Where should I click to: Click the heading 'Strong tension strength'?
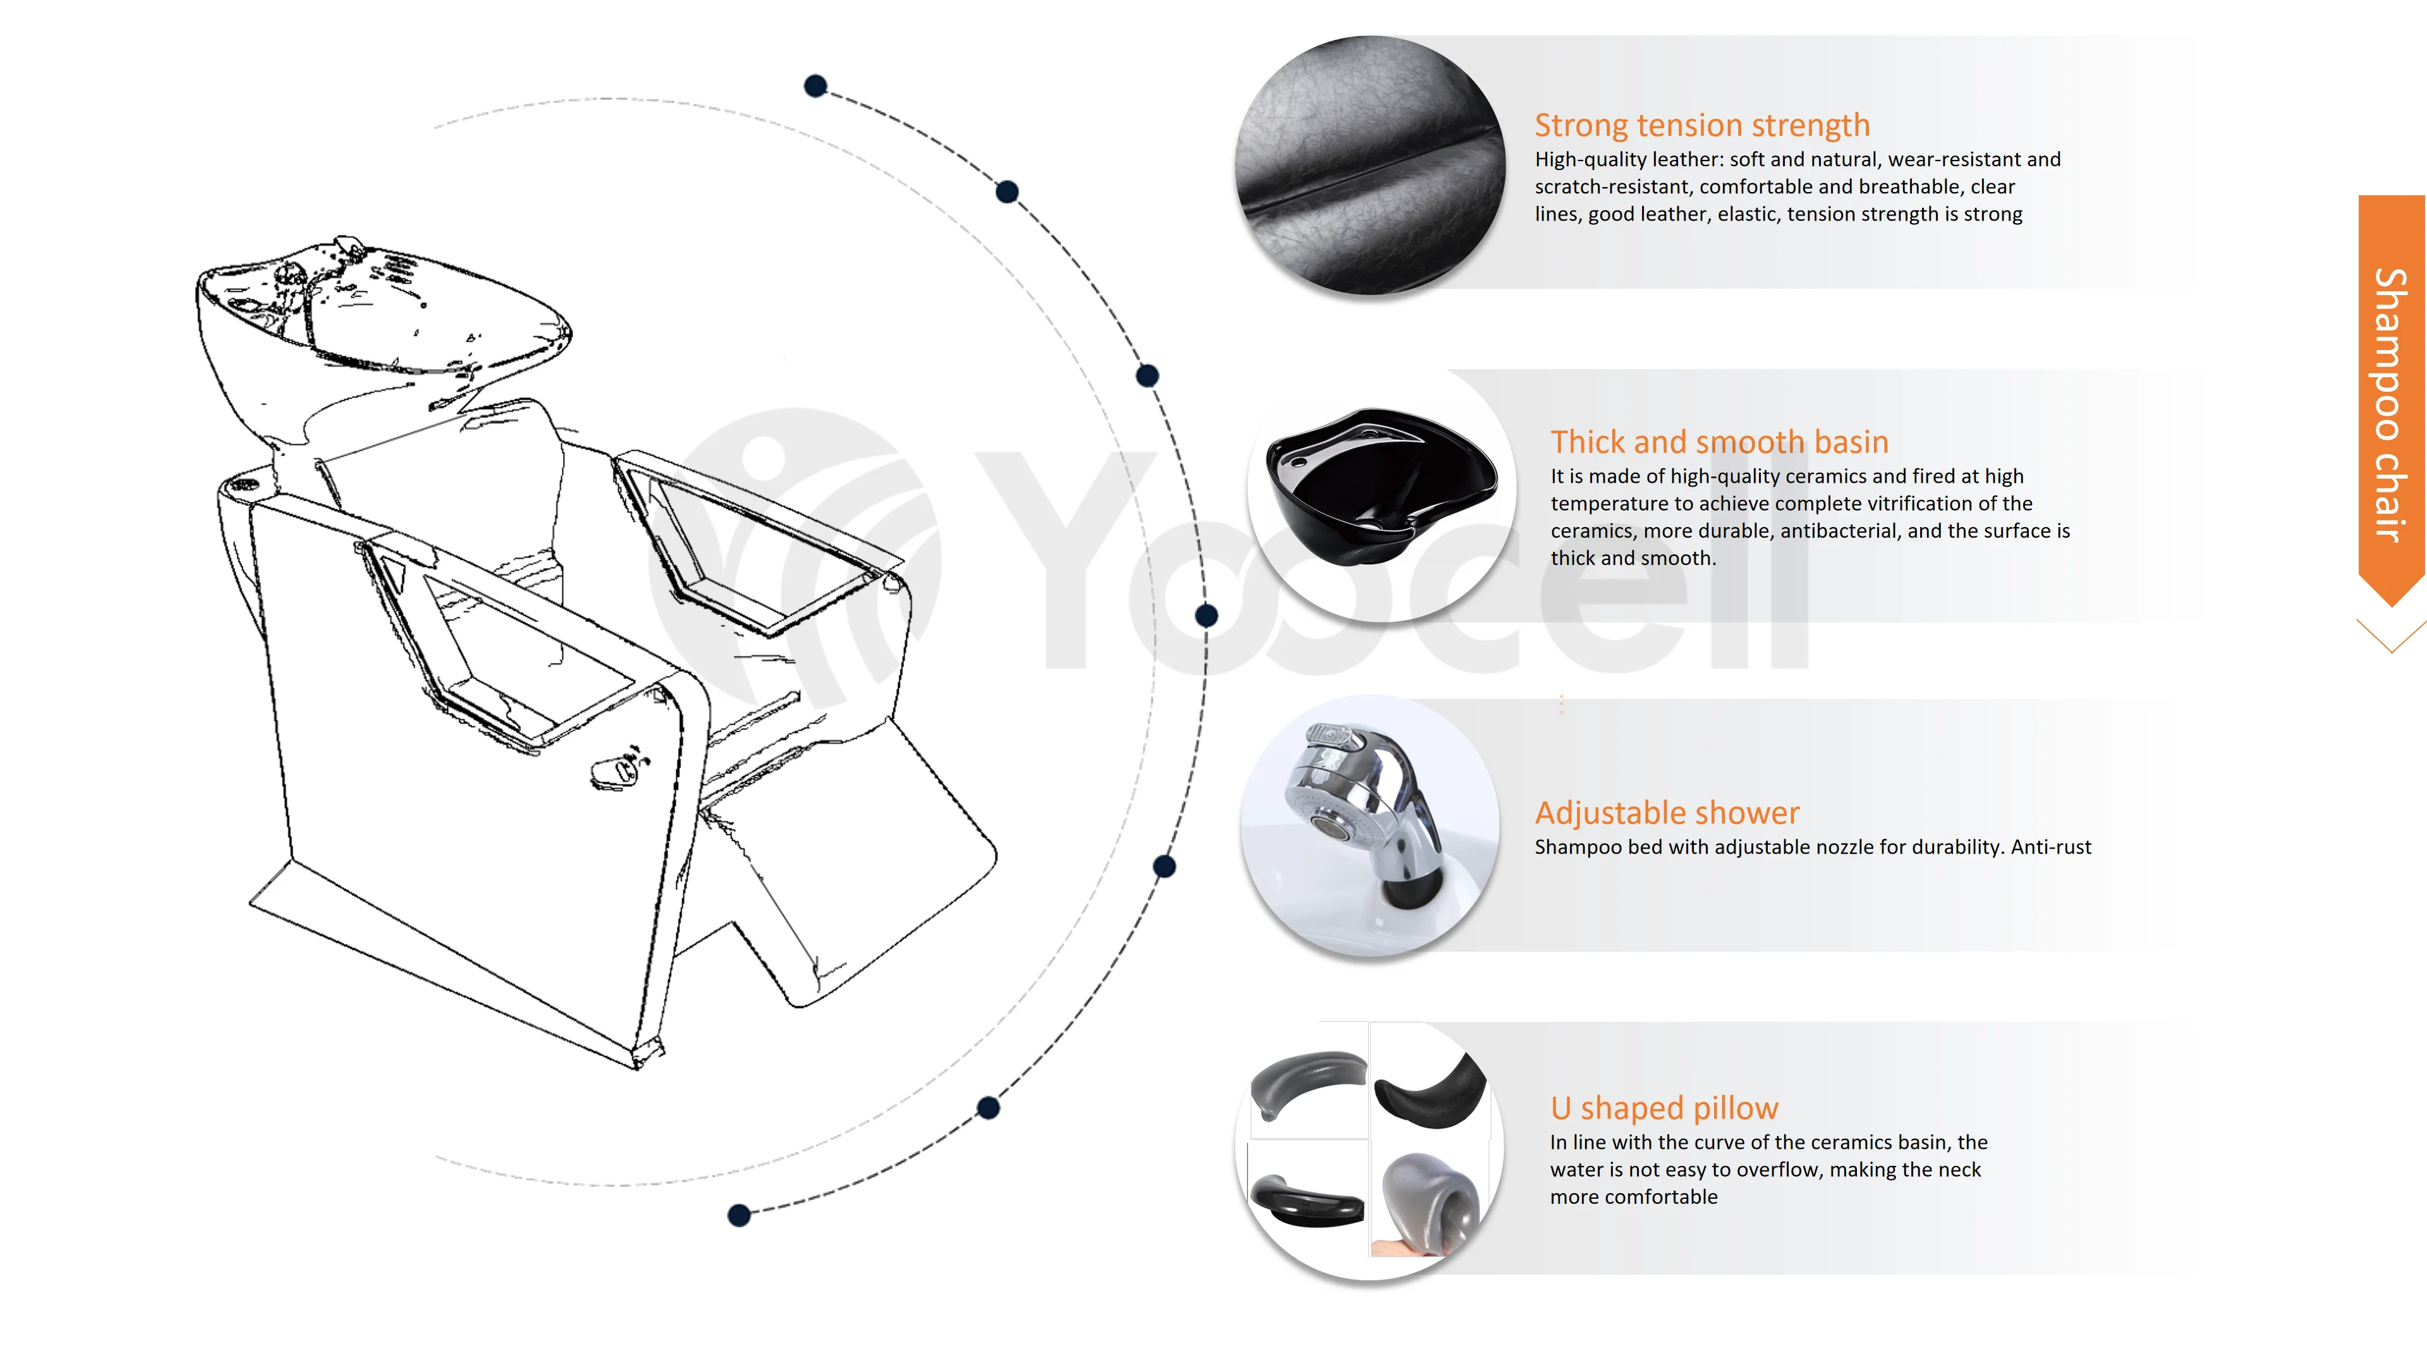[x=1701, y=125]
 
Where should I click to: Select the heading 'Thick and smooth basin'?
[x=1718, y=442]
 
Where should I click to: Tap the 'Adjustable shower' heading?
[x=1667, y=812]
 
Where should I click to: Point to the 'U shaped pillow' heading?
[x=1664, y=1108]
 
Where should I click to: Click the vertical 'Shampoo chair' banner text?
[x=2390, y=405]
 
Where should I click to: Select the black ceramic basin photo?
[x=1380, y=486]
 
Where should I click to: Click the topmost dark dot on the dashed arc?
[x=816, y=87]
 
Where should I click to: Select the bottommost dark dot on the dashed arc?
[x=739, y=1215]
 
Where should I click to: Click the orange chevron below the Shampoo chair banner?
[x=2390, y=636]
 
